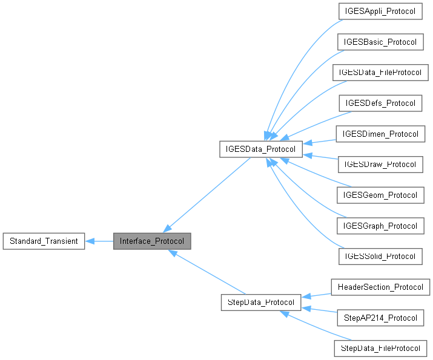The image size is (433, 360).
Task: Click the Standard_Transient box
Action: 44,241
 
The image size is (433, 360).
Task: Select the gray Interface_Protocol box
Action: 152,241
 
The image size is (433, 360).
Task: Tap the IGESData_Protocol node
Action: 260,149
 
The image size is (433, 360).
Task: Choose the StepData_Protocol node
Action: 261,301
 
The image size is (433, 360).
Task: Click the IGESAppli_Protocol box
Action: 380,11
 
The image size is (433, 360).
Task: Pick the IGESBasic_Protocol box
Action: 380,42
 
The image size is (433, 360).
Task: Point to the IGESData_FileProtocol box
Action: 380,73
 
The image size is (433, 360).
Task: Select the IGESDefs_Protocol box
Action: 380,103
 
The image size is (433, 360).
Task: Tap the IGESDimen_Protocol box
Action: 380,134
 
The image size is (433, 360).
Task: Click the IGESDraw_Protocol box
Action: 380,165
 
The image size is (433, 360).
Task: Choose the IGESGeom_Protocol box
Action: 380,195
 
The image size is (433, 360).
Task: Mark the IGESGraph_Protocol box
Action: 380,226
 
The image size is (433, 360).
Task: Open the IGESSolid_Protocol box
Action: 380,256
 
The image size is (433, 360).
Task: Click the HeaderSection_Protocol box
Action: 380,287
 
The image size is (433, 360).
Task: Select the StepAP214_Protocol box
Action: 380,317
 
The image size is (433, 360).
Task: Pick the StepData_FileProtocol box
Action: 380,348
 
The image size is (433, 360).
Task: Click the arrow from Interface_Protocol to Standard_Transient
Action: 99,241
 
